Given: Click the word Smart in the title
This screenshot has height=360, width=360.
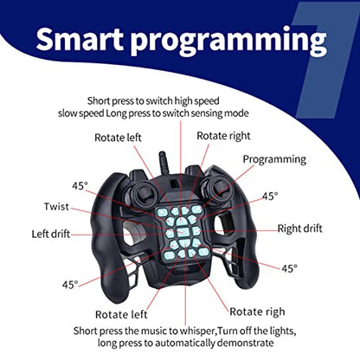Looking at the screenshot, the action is pos(80,39).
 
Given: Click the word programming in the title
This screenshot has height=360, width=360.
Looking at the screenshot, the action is pos(228,42).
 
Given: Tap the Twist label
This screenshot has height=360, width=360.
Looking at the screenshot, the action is pos(56,207).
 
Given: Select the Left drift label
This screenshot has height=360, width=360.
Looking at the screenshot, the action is pos(51,234).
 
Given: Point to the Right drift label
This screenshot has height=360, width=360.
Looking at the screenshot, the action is pos(299,228).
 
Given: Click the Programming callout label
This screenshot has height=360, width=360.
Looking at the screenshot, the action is pos(274,159).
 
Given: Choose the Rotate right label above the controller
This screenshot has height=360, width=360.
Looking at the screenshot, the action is pos(223,136).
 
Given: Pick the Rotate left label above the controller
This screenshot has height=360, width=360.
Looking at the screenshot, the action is pos(118,138).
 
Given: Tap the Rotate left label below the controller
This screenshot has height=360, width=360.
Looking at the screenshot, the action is pos(121,314).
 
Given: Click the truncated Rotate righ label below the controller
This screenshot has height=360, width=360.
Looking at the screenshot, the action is pos(257,312).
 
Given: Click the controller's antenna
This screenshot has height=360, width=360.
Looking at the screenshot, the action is pos(164,163).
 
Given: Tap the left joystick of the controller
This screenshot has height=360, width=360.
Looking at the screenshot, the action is pos(143,193).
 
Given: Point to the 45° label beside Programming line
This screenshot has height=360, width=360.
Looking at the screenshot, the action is pos(270,196).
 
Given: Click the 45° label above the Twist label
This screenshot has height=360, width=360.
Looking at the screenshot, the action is pos(80,186).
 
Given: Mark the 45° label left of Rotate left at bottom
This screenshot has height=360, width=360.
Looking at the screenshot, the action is pos(70,285).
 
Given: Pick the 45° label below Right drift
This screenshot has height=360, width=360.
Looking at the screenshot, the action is pos(289,268).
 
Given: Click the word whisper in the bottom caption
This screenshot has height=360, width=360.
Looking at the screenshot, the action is pos(197,331).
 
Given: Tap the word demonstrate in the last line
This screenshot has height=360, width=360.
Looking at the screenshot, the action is pos(245,343).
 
